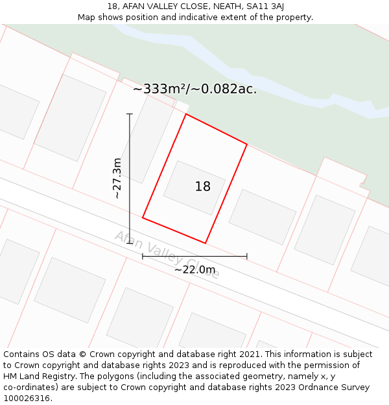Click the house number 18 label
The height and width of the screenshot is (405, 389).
pyautogui.click(x=202, y=187)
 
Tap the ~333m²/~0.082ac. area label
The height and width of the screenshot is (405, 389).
pyautogui.click(x=194, y=89)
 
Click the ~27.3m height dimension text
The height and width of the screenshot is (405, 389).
pyautogui.click(x=117, y=178)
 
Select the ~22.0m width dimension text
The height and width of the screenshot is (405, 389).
pyautogui.click(x=194, y=270)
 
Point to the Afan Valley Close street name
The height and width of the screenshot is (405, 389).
pyautogui.click(x=167, y=253)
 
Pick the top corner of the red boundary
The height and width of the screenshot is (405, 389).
pyautogui.click(x=186, y=114)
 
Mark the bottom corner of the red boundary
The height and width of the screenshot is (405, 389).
pyautogui.click(x=206, y=243)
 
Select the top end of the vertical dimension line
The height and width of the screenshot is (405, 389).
pyautogui.click(x=130, y=114)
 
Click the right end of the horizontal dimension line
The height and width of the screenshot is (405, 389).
pyautogui.click(x=246, y=256)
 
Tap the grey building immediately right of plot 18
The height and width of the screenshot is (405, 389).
pyautogui.click(x=262, y=216)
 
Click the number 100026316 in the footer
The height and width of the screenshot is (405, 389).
pyautogui.click(x=26, y=399)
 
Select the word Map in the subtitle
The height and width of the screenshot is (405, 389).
pyautogui.click(x=87, y=17)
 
